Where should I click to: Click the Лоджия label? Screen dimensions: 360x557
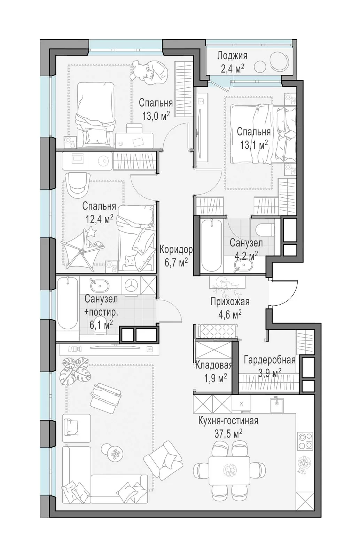pyautogui.click(x=232, y=56)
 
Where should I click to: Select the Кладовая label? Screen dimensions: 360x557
pyautogui.click(x=213, y=365)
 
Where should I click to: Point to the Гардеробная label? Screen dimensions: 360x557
pyautogui.click(x=269, y=360)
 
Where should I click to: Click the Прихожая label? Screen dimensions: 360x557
pyautogui.click(x=230, y=301)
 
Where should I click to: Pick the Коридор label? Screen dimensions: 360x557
pyautogui.click(x=176, y=250)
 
